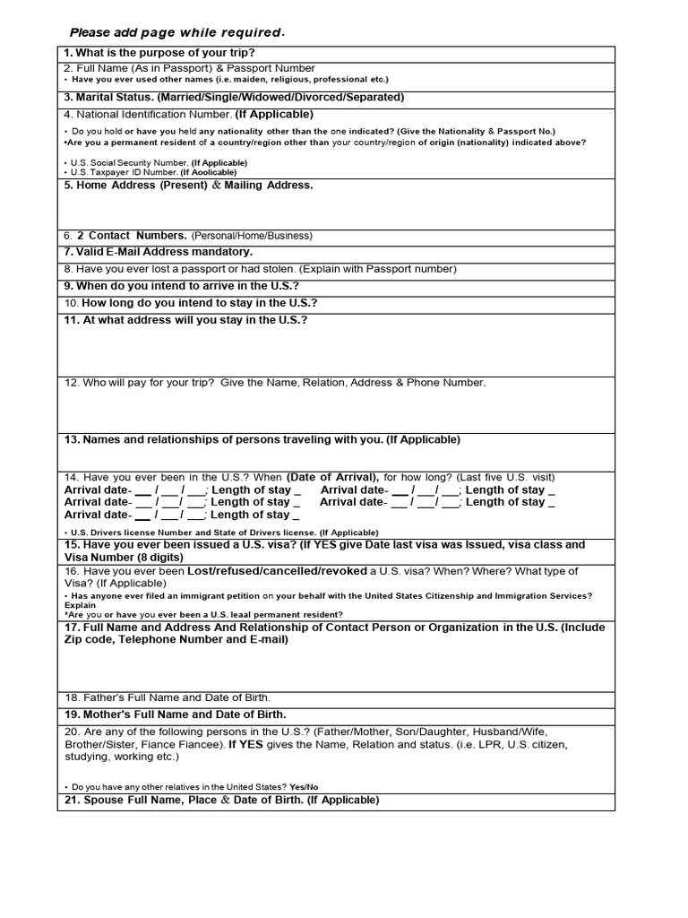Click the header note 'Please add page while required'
tap(177, 33)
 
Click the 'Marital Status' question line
tap(234, 97)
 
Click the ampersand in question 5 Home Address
tap(217, 185)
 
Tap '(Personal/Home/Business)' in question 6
tap(251, 236)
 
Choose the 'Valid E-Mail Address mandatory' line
tap(159, 252)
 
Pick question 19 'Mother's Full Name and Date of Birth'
tap(175, 714)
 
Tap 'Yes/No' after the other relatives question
tap(304, 786)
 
